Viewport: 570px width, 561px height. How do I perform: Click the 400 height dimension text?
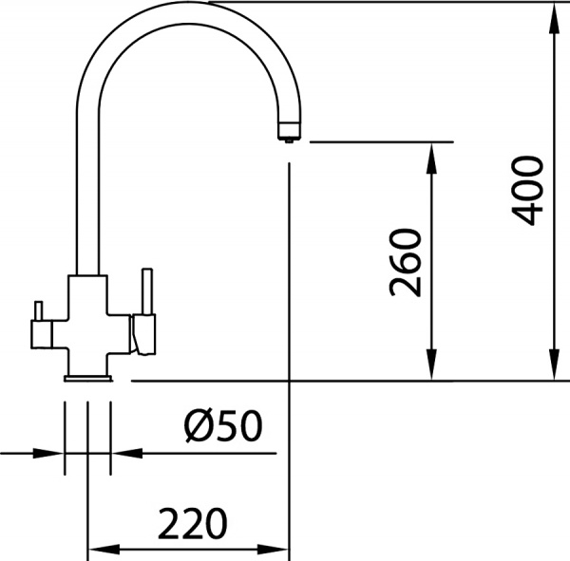(527, 190)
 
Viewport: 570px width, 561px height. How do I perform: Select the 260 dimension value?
(406, 262)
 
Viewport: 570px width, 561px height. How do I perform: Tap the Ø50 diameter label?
(222, 428)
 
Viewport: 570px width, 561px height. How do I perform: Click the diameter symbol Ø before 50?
(198, 428)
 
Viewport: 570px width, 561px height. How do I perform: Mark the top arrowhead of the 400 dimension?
(554, 13)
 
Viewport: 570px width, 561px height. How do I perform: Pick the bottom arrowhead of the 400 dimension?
(554, 370)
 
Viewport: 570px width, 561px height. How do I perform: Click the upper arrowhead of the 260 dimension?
(432, 154)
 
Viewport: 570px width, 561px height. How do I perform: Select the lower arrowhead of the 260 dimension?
(432, 370)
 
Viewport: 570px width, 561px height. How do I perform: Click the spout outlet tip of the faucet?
(285, 136)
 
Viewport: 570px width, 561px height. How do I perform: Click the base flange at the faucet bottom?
(87, 378)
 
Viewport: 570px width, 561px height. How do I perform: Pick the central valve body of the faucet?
(87, 323)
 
